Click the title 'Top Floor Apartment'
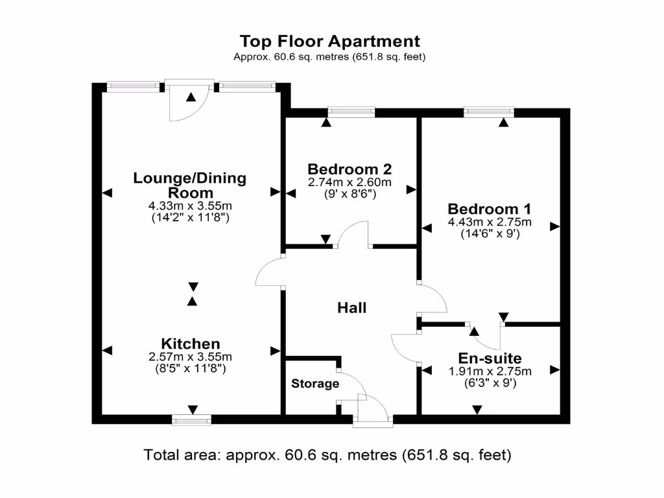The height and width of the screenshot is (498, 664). click(329, 41)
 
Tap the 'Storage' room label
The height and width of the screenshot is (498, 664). click(314, 384)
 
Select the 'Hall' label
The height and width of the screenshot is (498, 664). click(351, 307)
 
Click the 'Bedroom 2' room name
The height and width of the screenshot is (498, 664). click(350, 169)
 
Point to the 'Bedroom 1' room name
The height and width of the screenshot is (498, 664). click(490, 209)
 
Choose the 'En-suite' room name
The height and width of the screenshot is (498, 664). click(490, 358)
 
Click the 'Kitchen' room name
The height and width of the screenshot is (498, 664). click(191, 344)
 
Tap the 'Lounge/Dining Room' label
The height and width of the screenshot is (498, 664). click(190, 185)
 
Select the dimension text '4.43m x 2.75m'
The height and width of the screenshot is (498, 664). click(490, 222)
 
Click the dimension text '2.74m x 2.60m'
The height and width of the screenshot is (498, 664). click(350, 182)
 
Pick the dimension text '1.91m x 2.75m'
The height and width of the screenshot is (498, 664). click(490, 372)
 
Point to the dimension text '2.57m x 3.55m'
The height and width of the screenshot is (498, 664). click(191, 357)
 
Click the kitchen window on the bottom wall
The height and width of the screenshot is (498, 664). click(192, 420)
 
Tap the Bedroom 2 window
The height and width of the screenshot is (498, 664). click(351, 112)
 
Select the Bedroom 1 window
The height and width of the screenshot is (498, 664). click(489, 112)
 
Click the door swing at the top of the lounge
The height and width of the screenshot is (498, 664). click(188, 101)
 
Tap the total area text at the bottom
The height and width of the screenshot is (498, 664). click(327, 455)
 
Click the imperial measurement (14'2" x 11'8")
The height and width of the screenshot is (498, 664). click(190, 219)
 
